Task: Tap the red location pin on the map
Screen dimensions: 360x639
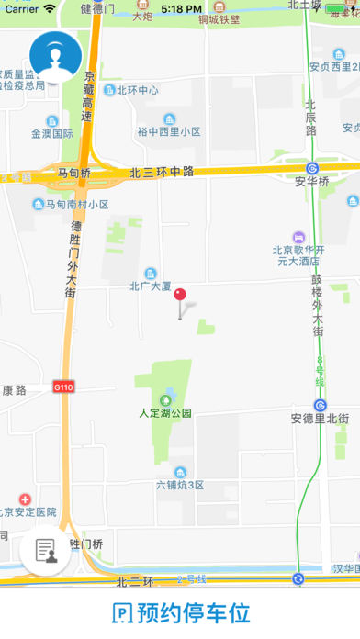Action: pyautogui.click(x=180, y=296)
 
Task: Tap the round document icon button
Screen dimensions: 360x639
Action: pyautogui.click(x=45, y=551)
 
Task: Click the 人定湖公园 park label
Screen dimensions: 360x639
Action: pyautogui.click(x=165, y=412)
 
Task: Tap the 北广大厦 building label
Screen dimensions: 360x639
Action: pyautogui.click(x=151, y=286)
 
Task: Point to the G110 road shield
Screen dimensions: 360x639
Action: pyautogui.click(x=63, y=387)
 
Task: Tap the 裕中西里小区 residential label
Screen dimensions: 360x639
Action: pyautogui.click(x=169, y=131)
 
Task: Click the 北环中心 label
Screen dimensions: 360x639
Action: pyautogui.click(x=131, y=90)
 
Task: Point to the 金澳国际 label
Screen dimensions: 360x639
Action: pyautogui.click(x=51, y=133)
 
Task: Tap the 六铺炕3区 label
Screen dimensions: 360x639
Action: pyautogui.click(x=179, y=484)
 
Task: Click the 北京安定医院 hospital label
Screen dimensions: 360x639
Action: pyautogui.click(x=28, y=511)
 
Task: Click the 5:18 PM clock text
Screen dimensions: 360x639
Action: pyautogui.click(x=180, y=8)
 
